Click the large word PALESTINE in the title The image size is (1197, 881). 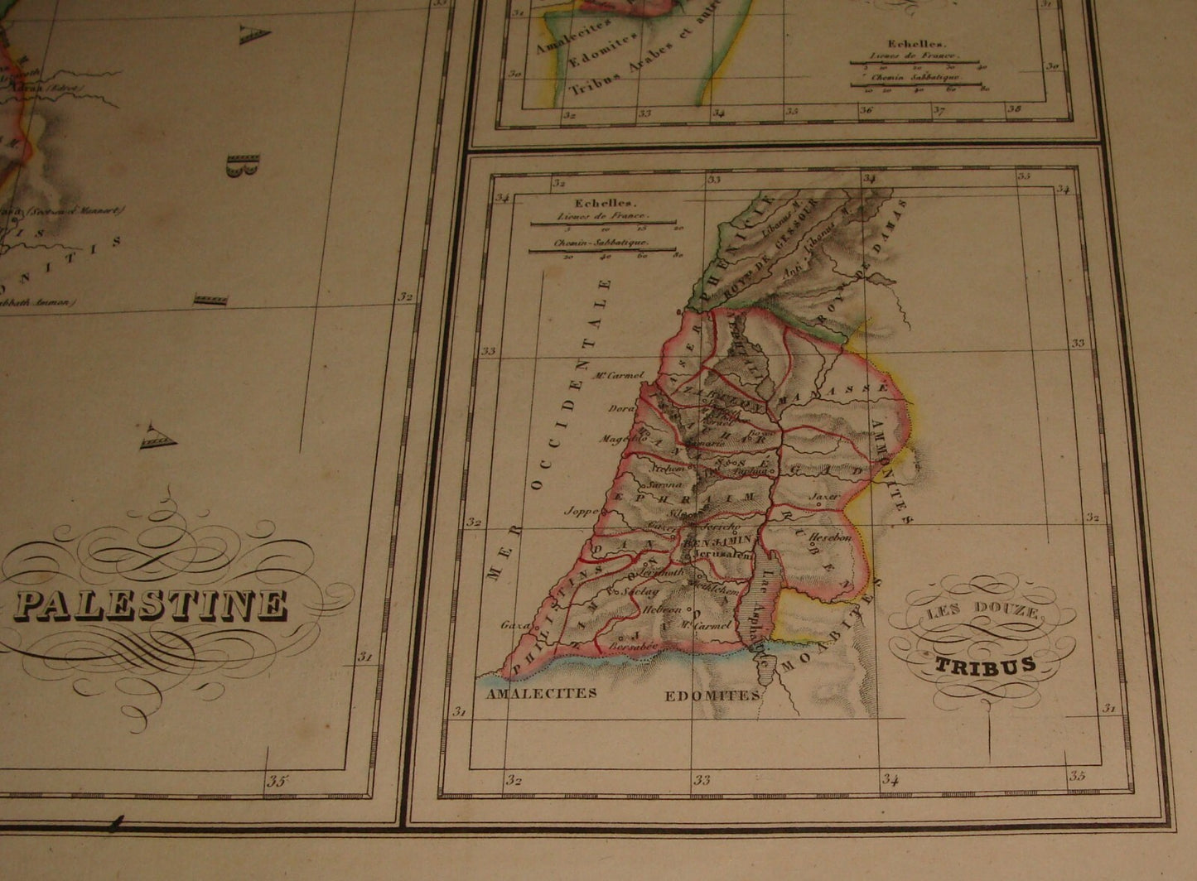tap(152, 605)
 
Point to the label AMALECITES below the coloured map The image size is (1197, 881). tap(543, 693)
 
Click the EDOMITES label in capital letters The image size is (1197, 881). tap(712, 696)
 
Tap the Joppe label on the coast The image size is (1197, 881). tap(581, 512)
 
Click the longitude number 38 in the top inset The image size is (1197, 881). tap(1014, 108)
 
